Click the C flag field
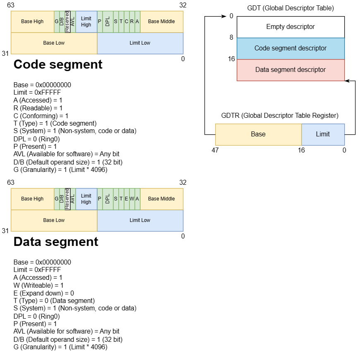(127, 21)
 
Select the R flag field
(132, 21)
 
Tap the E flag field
(127, 199)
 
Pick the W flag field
(132, 199)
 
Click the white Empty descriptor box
(290, 27)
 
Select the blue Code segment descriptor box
(290, 48)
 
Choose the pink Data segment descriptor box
(290, 70)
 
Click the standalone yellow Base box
(258, 134)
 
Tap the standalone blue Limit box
(323, 134)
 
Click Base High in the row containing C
(32, 21)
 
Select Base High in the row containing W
(32, 199)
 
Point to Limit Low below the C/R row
(140, 43)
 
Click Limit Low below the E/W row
(140, 220)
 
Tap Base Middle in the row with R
(161, 21)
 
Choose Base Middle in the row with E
(161, 199)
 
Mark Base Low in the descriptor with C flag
(54, 43)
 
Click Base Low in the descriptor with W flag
(54, 220)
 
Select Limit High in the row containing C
(86, 21)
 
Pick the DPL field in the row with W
(108, 199)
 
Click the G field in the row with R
(57, 21)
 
